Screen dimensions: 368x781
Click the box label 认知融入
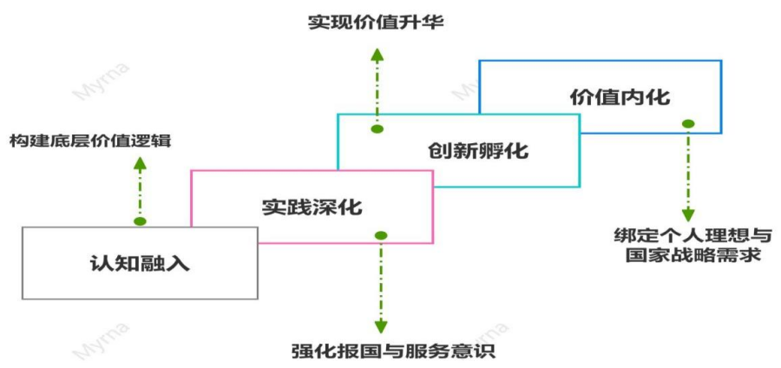coord(140,263)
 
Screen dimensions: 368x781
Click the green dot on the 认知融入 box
coord(140,221)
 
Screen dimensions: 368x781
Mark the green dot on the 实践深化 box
coord(380,236)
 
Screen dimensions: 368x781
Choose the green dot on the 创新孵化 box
coord(377,129)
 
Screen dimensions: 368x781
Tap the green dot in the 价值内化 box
coord(688,123)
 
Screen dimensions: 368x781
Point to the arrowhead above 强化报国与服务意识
coord(380,328)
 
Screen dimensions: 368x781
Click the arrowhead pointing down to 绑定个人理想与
coord(688,214)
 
